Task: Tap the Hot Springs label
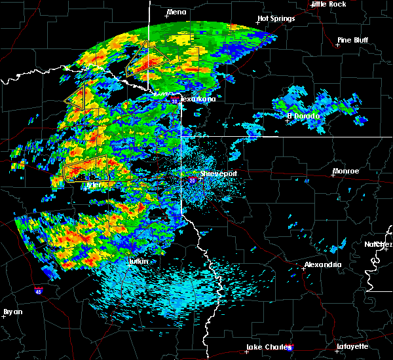point(276,18)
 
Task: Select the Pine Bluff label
point(353,40)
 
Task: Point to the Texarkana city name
point(197,99)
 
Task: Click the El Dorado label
point(303,116)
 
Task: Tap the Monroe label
point(345,171)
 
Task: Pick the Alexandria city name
point(322,264)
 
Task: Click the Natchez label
point(378,244)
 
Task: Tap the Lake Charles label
point(268,346)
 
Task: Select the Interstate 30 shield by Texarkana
point(175,102)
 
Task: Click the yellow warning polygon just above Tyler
point(86,168)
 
